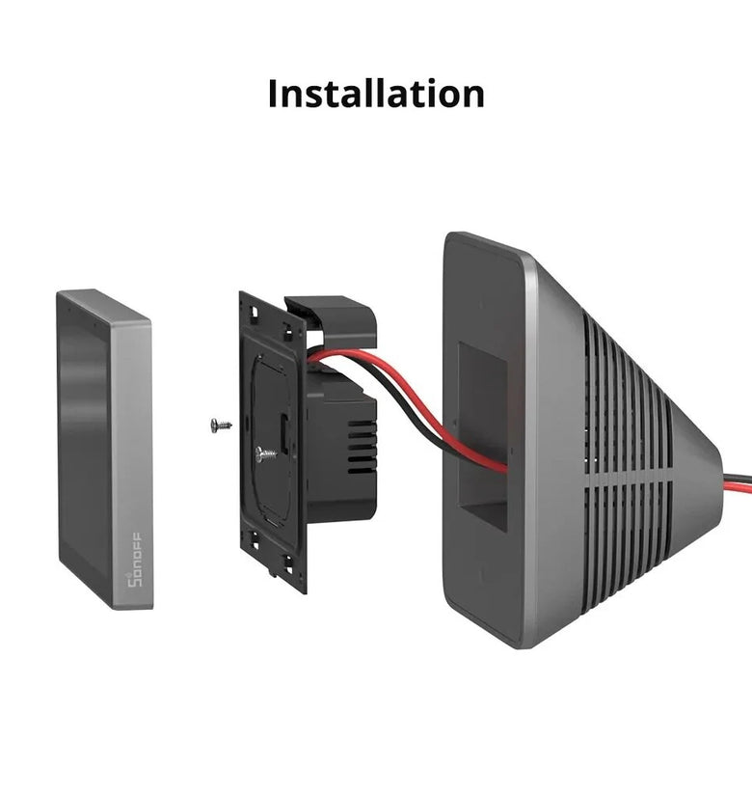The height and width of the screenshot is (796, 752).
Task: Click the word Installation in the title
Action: coord(376,94)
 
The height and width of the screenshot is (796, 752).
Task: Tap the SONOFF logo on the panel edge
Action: coord(134,560)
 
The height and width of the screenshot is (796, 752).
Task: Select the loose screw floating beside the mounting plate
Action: coord(221,425)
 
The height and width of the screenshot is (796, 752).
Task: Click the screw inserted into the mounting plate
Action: coord(266,453)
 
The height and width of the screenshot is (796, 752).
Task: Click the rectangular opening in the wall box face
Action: coord(483,435)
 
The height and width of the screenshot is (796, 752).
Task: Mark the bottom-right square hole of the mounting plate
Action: coord(288,561)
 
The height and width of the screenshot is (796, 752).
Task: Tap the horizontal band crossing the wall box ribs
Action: coord(630,480)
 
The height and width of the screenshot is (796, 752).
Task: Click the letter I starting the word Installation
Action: coord(273,94)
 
